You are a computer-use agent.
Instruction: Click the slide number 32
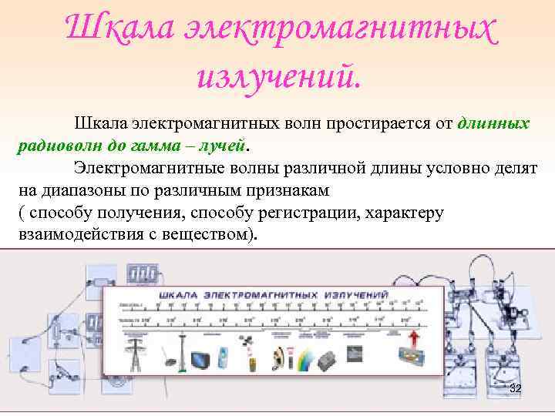coord(516,389)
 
